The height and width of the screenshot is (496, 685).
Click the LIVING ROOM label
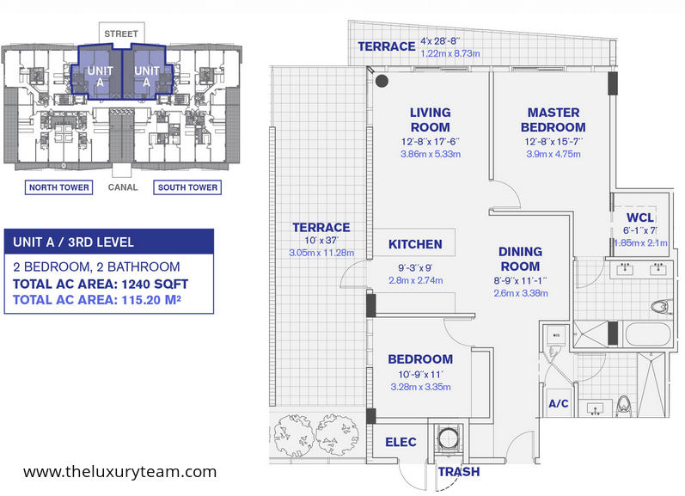pyautogui.click(x=431, y=119)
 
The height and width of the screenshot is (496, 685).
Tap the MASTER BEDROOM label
pyautogui.click(x=553, y=119)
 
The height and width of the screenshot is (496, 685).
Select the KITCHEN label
pyautogui.click(x=415, y=244)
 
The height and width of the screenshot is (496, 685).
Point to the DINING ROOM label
pyautogui.click(x=520, y=259)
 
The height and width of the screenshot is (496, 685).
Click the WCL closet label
pyautogui.click(x=640, y=217)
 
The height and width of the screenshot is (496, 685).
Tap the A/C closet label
pyautogui.click(x=559, y=403)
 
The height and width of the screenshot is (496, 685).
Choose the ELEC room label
pyautogui.click(x=401, y=442)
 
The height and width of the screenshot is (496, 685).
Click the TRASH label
pyautogui.click(x=459, y=472)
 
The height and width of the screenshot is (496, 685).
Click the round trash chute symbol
pyautogui.click(x=448, y=438)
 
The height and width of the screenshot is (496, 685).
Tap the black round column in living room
pyautogui.click(x=382, y=81)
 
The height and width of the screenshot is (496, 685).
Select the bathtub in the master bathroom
pyautogui.click(x=648, y=334)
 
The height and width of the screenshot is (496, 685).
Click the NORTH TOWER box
pyautogui.click(x=59, y=187)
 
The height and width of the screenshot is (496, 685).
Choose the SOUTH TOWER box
pyautogui.click(x=187, y=187)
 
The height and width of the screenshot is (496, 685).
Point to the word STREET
pyautogui.click(x=121, y=34)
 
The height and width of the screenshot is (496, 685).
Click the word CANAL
pyautogui.click(x=123, y=187)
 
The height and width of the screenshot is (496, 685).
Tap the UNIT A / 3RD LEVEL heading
pyautogui.click(x=73, y=242)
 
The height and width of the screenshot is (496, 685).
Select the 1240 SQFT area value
pyautogui.click(x=155, y=284)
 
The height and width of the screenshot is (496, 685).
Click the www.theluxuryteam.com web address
pyautogui.click(x=119, y=472)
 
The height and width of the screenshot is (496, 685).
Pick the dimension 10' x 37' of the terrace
pyautogui.click(x=321, y=241)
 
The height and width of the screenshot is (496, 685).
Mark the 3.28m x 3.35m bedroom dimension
pyautogui.click(x=420, y=387)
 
